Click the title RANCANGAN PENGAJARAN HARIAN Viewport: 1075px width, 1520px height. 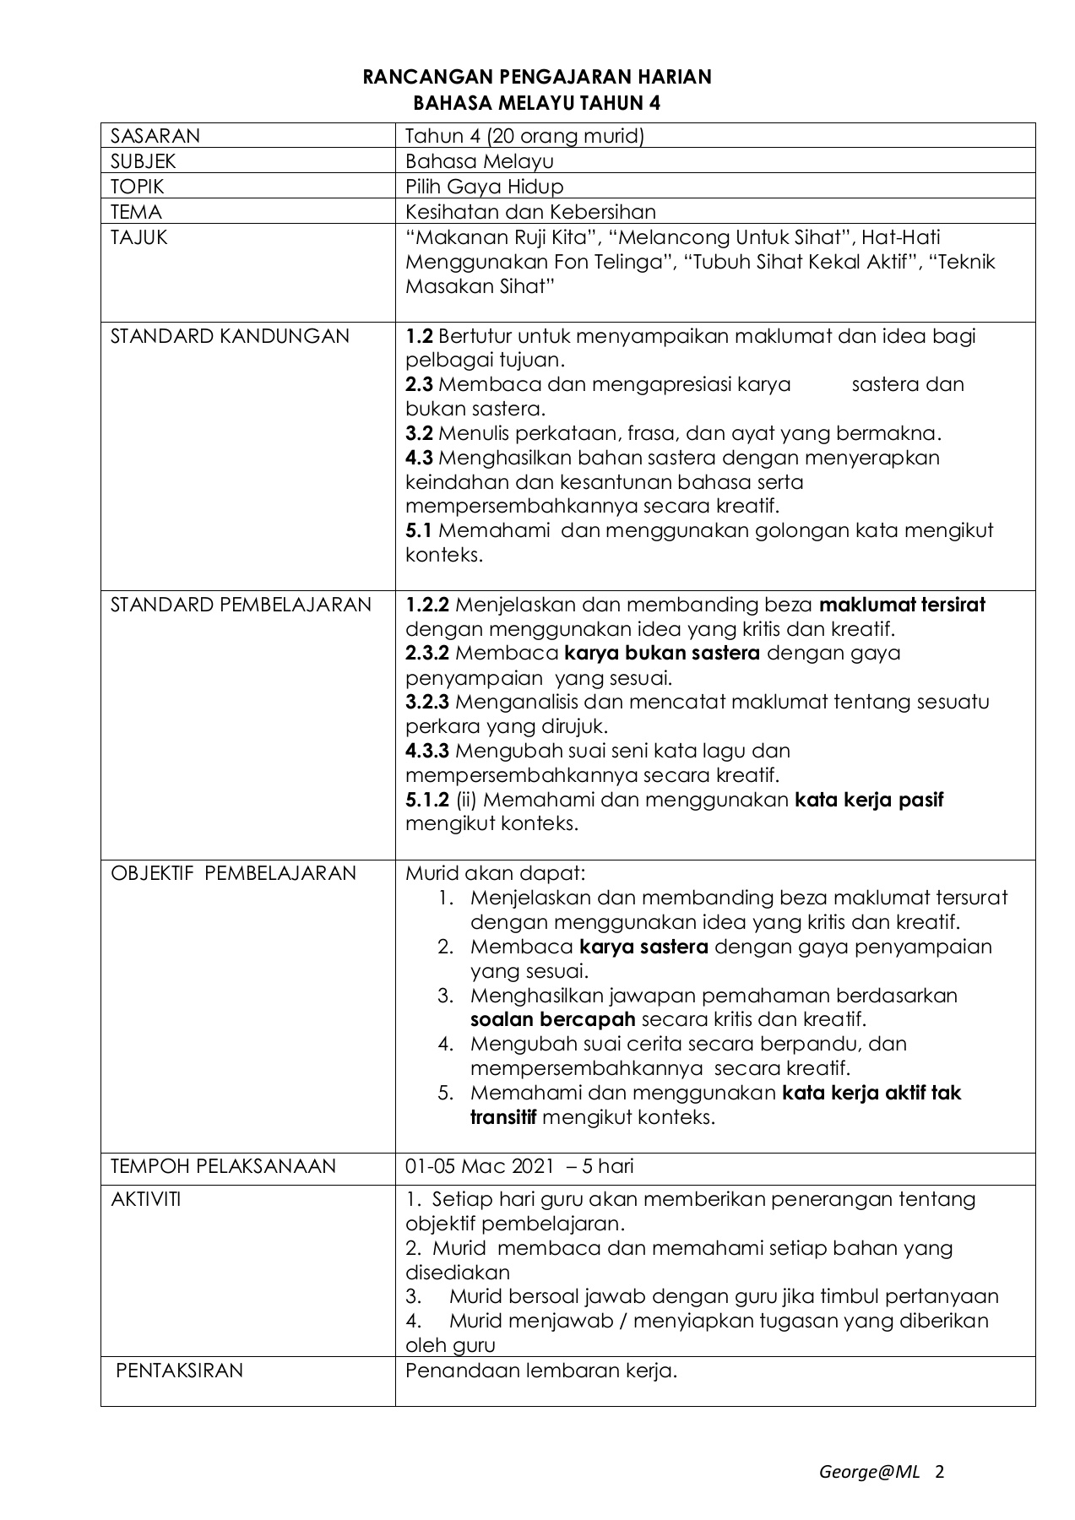pyautogui.click(x=537, y=78)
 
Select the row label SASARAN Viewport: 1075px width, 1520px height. pyautogui.click(x=155, y=136)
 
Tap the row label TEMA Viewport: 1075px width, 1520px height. pyautogui.click(x=136, y=212)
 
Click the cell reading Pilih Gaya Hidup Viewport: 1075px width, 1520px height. pyautogui.click(x=484, y=187)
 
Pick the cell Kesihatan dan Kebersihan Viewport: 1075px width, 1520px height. pyautogui.click(x=530, y=212)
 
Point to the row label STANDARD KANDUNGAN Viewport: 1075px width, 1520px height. pyautogui.click(x=230, y=336)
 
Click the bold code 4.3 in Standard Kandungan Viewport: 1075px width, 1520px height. pyautogui.click(x=419, y=458)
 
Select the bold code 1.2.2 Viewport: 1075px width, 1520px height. pyautogui.click(x=427, y=605)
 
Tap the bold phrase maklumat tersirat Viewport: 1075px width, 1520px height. pyautogui.click(x=902, y=605)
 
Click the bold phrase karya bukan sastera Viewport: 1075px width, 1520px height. pyautogui.click(x=662, y=653)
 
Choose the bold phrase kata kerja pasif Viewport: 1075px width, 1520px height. pyautogui.click(x=869, y=799)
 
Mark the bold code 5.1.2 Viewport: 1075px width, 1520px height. pyautogui.click(x=427, y=799)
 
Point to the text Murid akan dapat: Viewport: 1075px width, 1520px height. pyautogui.click(x=495, y=873)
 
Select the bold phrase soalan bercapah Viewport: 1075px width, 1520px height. pyautogui.click(x=552, y=1019)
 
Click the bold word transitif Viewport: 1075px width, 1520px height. pyautogui.click(x=503, y=1117)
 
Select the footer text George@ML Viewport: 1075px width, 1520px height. pyautogui.click(x=869, y=1473)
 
